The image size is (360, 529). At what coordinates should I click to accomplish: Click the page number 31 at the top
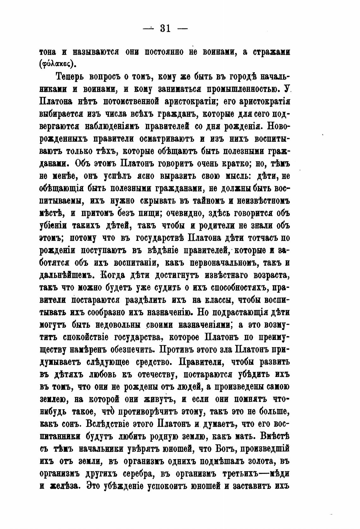tap(165, 29)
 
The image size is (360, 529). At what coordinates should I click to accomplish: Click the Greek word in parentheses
tap(58, 64)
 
